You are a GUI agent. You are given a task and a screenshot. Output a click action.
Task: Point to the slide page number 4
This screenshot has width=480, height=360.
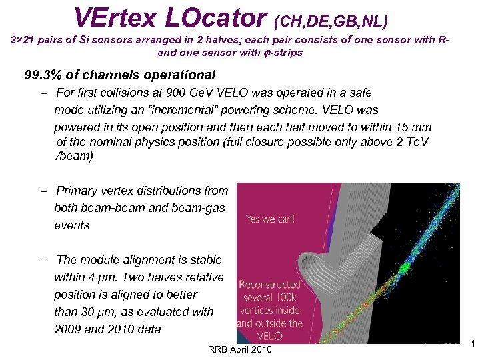click(x=471, y=344)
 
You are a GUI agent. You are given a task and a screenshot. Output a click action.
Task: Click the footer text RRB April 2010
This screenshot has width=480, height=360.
click(x=239, y=350)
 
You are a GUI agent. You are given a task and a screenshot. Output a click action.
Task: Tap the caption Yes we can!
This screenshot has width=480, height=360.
click(x=270, y=218)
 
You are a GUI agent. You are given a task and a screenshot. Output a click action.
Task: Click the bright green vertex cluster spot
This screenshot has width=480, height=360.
click(x=402, y=268)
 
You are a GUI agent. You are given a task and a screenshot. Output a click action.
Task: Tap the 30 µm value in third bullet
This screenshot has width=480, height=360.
click(x=97, y=312)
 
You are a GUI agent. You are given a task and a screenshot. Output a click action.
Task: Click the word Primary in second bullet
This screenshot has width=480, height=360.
click(x=77, y=191)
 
